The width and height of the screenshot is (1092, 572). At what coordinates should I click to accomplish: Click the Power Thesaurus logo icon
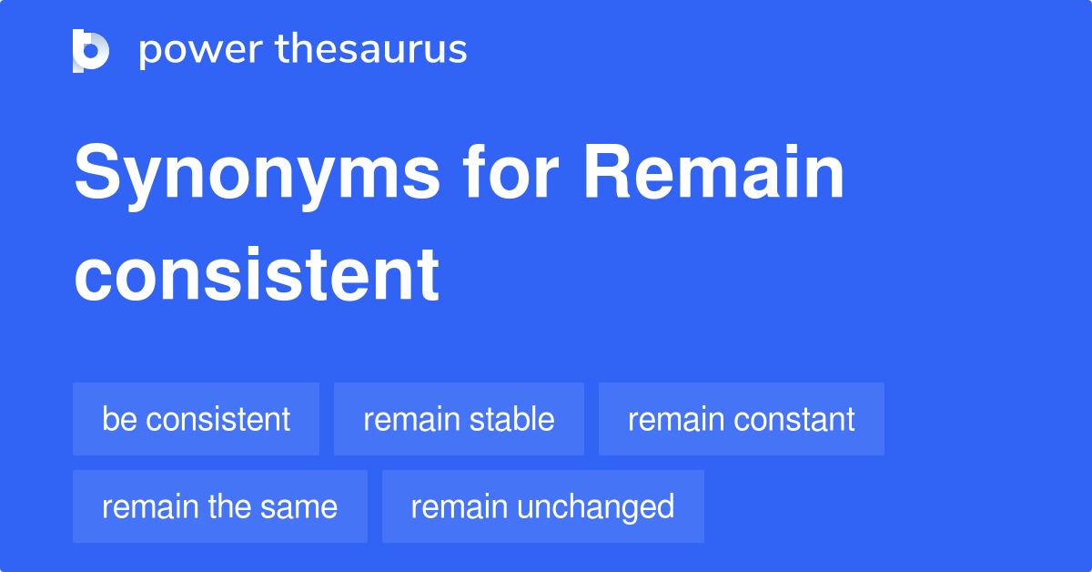[x=91, y=50]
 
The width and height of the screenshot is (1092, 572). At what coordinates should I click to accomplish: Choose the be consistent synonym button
[x=196, y=419]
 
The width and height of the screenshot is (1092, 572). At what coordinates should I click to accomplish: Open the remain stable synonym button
[x=459, y=419]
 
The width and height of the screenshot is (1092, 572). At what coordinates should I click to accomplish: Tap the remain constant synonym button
[x=741, y=419]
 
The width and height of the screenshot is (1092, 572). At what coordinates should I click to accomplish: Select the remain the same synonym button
[x=219, y=506]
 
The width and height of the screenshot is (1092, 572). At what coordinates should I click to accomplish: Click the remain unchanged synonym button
[x=542, y=506]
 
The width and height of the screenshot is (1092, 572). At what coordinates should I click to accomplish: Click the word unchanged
[x=596, y=506]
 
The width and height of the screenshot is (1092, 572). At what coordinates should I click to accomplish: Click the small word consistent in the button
[x=217, y=419]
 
